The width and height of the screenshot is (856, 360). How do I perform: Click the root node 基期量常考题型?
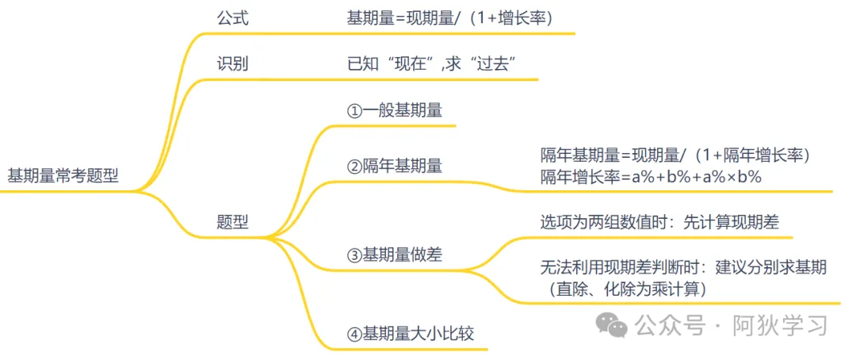tap(63, 176)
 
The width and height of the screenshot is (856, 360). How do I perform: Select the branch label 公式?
tap(232, 17)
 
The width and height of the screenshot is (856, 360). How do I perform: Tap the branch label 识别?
tap(232, 64)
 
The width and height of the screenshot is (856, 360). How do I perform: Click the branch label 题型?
tap(232, 223)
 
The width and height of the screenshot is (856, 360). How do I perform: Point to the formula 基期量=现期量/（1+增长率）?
tap(449, 17)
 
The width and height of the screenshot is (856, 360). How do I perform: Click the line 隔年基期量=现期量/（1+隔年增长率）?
tap(674, 155)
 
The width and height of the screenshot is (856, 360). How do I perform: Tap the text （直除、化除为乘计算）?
tap(622, 289)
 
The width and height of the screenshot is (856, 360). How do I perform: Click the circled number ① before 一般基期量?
tap(354, 111)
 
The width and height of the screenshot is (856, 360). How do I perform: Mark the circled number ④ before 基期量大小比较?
tap(354, 334)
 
